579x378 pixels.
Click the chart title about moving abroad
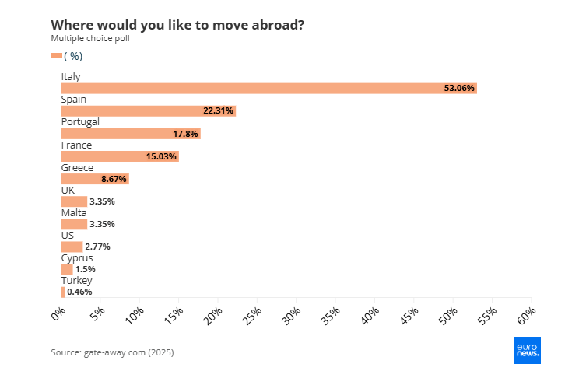[x=177, y=25]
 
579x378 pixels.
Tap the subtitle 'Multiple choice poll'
[x=90, y=39]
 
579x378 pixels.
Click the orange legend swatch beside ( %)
[x=56, y=55]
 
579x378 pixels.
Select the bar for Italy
[x=268, y=89]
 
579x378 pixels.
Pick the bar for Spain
[x=148, y=111]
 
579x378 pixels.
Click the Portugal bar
[x=130, y=134]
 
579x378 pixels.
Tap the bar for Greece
[x=94, y=179]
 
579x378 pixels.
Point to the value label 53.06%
[x=459, y=89]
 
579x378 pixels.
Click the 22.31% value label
[x=218, y=111]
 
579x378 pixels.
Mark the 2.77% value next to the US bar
[x=98, y=247]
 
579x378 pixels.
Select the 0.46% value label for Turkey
[x=79, y=292]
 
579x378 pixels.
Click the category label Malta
[x=74, y=212]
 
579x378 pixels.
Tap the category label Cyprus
[x=77, y=257]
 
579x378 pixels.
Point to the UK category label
[x=68, y=190]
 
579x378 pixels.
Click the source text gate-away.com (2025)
[x=112, y=352]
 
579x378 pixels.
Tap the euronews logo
[x=528, y=350]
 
